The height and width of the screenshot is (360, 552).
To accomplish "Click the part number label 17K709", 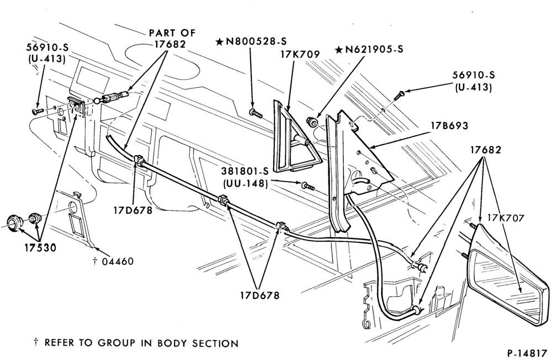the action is pyautogui.click(x=300, y=55).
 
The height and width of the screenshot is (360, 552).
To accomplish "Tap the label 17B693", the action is pyautogui.click(x=449, y=126).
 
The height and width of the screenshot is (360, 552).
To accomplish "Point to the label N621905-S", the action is pyautogui.click(x=374, y=50).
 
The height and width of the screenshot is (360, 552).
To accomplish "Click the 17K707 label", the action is pyautogui.click(x=506, y=218).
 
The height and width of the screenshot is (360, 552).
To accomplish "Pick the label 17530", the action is pyautogui.click(x=40, y=248).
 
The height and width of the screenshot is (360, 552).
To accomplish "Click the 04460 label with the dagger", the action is pyautogui.click(x=113, y=261).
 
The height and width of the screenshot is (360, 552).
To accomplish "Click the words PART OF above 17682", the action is pyautogui.click(x=172, y=33).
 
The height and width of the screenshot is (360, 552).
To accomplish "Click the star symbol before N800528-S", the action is pyautogui.click(x=219, y=43).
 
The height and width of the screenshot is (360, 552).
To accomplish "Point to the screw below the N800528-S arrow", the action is pyautogui.click(x=256, y=113).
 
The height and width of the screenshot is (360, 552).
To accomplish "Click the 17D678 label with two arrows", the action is pyautogui.click(x=260, y=295).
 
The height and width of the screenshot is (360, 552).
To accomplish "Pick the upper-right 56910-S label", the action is pyautogui.click(x=474, y=75).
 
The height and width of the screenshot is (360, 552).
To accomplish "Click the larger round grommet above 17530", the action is pyautogui.click(x=15, y=223).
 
